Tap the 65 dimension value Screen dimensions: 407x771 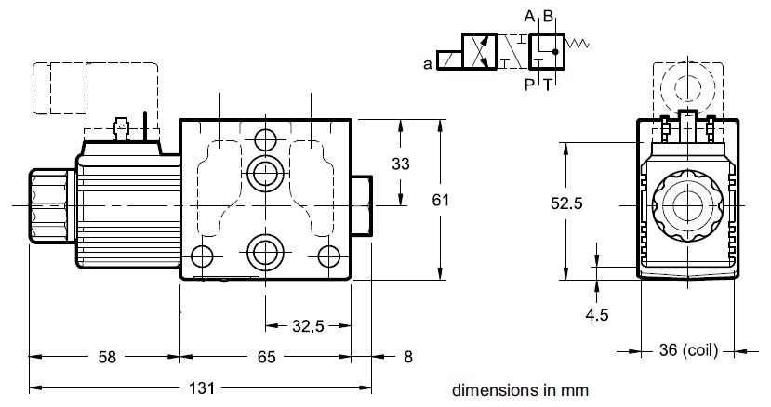[267, 355]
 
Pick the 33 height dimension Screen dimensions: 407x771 [400, 164]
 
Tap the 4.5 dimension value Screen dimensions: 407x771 [596, 315]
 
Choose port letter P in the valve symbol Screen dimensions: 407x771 [528, 83]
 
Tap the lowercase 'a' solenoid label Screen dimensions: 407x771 [427, 64]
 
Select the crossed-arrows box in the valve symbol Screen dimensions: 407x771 [483, 51]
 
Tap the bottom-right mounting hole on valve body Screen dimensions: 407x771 [326, 256]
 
